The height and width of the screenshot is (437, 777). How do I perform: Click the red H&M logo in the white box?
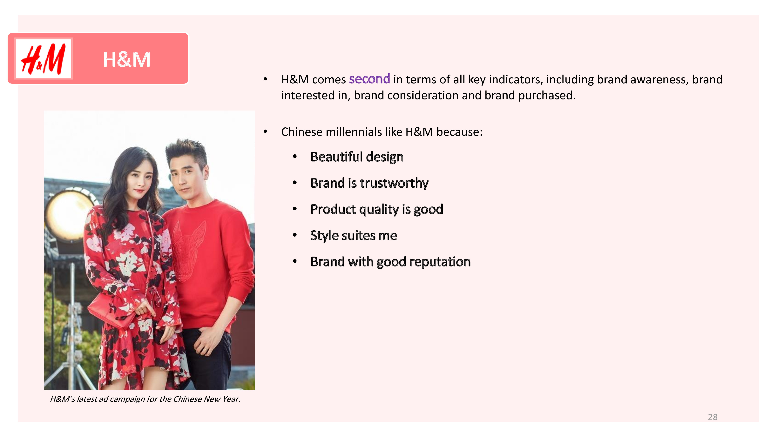point(43,58)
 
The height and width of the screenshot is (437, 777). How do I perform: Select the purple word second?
point(369,79)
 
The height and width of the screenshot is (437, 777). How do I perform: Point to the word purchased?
point(547,96)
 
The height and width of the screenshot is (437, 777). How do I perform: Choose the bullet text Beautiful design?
point(357,157)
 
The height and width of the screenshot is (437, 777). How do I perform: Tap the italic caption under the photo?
point(145,399)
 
